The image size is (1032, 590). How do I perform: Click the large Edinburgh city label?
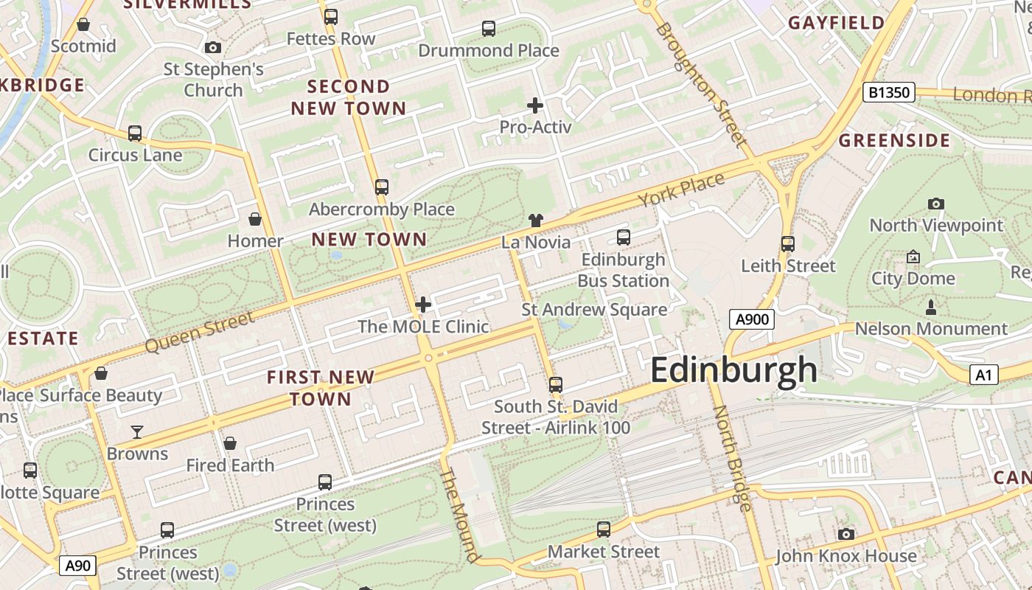coord(733,369)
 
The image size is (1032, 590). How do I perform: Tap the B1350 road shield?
coord(888,92)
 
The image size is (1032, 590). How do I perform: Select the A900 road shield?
coord(752,319)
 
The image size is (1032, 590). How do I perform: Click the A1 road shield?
coord(983,375)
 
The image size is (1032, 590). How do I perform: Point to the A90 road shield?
coord(77,566)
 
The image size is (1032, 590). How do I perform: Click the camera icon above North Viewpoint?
coord(936,204)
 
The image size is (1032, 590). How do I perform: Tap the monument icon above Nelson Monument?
coord(930,307)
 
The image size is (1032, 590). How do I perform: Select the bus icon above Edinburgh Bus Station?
coord(624,237)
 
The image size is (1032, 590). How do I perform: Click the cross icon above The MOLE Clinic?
coord(423,304)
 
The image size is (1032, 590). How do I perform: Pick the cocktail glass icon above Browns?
coord(137,431)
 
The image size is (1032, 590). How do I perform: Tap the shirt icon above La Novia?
coord(536,220)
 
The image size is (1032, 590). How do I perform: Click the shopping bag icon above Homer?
coord(255,219)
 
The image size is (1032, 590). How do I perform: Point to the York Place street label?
coord(681,190)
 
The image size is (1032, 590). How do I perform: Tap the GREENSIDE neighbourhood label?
coord(894,141)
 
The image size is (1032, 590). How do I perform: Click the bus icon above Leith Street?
coord(788,244)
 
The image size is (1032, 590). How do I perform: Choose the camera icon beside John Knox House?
coord(846,534)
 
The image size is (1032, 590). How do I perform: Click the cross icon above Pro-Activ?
coord(535,105)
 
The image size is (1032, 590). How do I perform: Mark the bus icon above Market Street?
coord(604,529)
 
